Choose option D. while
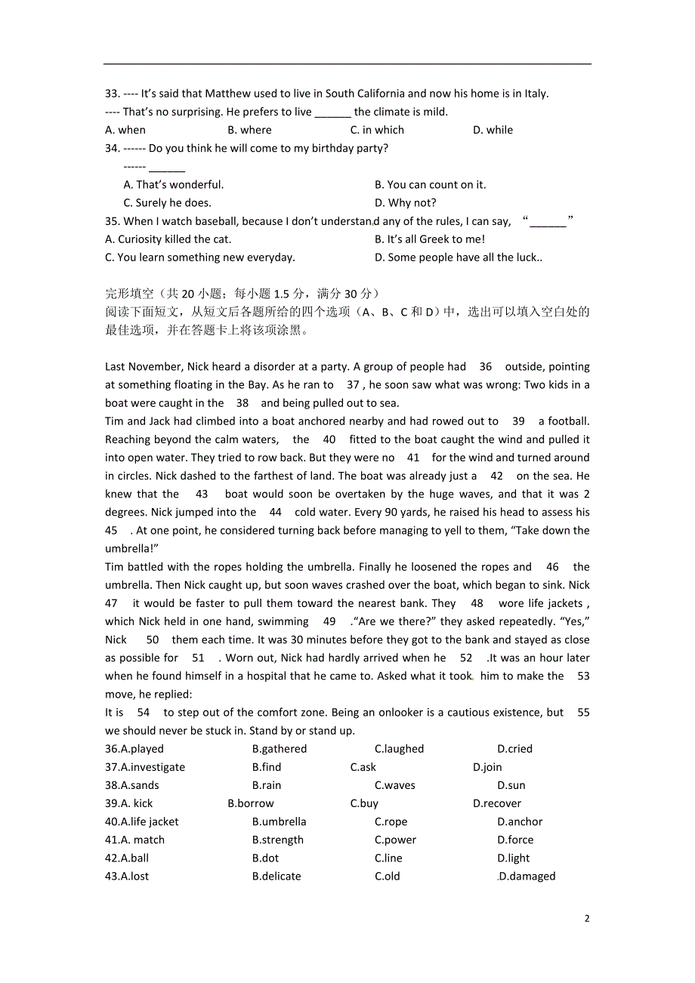pyautogui.click(x=493, y=130)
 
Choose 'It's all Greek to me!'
pyautogui.click(x=429, y=239)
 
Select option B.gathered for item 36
pyautogui.click(x=280, y=749)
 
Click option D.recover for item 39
pyautogui.click(x=496, y=803)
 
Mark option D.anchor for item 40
pyautogui.click(x=520, y=821)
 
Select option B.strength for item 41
pyautogui.click(x=278, y=840)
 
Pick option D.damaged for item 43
pyautogui.click(x=527, y=876)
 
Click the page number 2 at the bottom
pyautogui.click(x=587, y=918)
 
